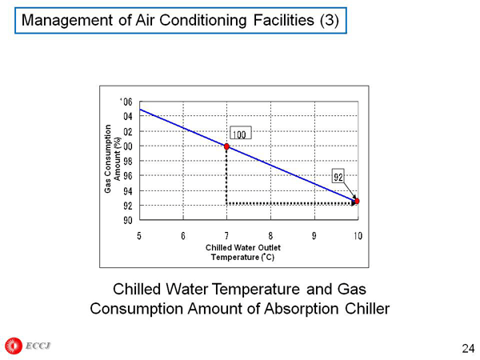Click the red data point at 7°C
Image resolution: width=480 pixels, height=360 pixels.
point(227,146)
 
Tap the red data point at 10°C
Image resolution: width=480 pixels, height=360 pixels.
point(357,201)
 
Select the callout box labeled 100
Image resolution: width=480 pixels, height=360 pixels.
point(239,134)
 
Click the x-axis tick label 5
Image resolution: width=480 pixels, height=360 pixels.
point(140,235)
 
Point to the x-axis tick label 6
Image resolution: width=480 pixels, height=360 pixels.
point(183,235)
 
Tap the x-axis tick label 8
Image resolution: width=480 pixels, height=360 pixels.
point(270,235)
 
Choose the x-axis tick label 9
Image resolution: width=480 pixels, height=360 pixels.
point(314,235)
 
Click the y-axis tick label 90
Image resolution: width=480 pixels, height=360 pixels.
point(127,219)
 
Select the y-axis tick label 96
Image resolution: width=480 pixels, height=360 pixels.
point(127,175)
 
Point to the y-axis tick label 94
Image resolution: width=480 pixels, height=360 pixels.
point(127,190)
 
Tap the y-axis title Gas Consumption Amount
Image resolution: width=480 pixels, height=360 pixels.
point(112,159)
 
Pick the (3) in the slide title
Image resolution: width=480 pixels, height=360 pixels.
point(329,20)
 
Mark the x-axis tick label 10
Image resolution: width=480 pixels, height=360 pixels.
point(358,235)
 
